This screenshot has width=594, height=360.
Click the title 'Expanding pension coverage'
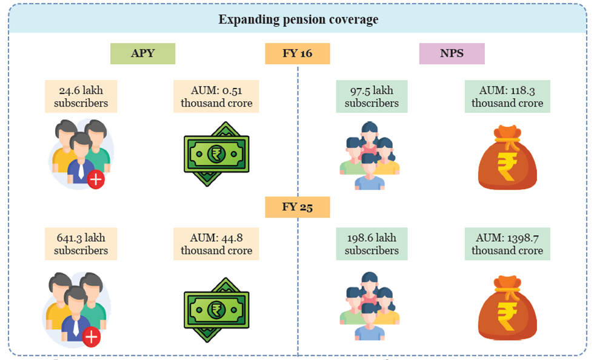coord(298,19)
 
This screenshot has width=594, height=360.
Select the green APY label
coord(142,53)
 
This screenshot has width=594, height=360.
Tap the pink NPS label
coord(452,53)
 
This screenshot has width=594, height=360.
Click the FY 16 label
coord(297,53)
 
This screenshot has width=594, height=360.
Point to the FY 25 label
coord(297,207)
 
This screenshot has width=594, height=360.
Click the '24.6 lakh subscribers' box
coord(81,96)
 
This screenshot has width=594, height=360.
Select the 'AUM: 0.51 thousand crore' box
coord(216,96)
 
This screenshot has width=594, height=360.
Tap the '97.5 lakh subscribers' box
coord(372,96)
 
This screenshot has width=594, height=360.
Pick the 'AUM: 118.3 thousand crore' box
coord(507,96)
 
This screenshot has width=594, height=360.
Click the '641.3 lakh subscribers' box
coord(81,244)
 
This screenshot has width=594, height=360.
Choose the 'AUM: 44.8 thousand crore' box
coord(216,244)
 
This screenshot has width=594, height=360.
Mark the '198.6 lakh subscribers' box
coord(372,244)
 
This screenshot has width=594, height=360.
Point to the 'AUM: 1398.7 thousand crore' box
coord(507,244)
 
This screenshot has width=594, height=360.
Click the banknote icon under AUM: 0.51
coord(216,154)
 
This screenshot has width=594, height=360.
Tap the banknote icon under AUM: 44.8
coord(216,309)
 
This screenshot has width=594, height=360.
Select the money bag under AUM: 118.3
coord(507,158)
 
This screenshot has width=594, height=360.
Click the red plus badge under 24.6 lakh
coord(96,179)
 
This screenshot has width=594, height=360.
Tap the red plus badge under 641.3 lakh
coord(92,337)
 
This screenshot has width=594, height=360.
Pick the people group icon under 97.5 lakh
coord(370,156)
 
